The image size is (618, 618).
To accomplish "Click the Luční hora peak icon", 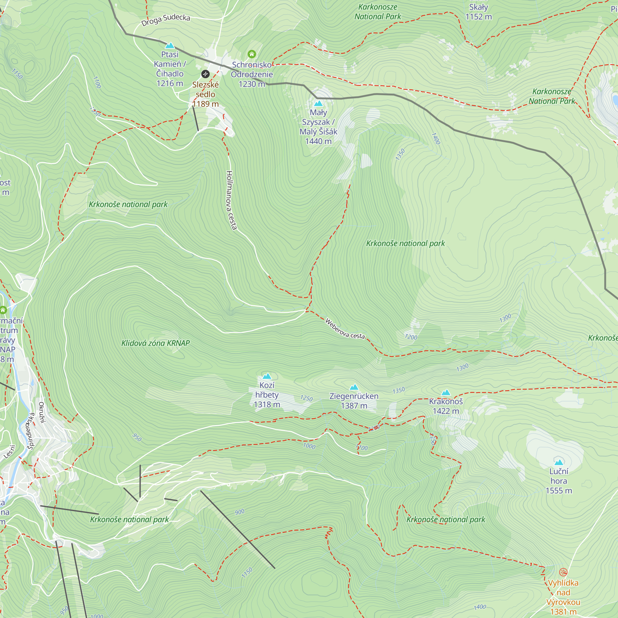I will coord(559,462).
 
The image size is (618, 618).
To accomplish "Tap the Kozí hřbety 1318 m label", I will coord(267,395).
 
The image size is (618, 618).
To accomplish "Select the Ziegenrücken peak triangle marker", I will coord(354,387).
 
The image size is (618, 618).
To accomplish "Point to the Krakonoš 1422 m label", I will coord(446,406).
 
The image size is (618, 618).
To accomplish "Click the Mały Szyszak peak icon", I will coord(318,104).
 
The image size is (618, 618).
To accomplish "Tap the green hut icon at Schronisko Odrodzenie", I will coord(252,54).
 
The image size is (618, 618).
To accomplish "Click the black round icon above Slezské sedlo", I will coord(205,74).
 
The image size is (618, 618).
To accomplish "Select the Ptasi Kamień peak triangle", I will coord(170,45).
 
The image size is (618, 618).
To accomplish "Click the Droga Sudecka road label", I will coord(166,20).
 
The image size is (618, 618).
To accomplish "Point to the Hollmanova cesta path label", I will coord(231,200).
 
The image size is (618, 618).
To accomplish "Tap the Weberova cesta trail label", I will coord(345,329).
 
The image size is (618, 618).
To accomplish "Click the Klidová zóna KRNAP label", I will coord(155,343).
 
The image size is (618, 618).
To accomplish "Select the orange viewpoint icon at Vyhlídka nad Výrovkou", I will coord(563,572).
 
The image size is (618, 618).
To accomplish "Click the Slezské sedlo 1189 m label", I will coord(205,94).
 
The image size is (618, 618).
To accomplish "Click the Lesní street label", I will coord(10,451).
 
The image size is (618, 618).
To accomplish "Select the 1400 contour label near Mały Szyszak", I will coord(436,138).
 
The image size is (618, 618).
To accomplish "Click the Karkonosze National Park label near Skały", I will coord(378,11).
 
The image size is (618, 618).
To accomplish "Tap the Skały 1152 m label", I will coord(478,12).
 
